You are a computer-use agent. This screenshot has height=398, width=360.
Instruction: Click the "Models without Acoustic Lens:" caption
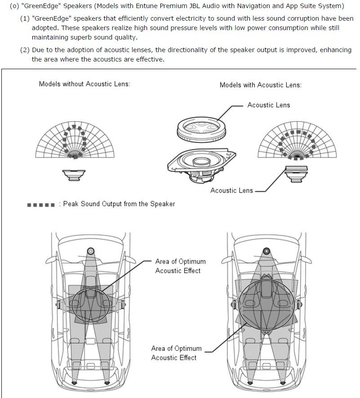(84, 84)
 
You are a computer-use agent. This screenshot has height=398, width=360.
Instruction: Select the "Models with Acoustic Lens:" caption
(261, 85)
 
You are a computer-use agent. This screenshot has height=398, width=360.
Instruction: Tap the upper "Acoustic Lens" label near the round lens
(269, 105)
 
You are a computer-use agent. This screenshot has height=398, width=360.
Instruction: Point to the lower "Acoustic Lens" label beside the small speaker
(231, 190)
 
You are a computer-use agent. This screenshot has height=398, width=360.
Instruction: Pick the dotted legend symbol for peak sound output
(41, 204)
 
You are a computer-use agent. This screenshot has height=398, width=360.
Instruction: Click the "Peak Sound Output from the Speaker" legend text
(119, 204)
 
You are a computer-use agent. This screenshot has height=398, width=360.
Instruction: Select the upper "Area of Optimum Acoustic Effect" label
(180, 266)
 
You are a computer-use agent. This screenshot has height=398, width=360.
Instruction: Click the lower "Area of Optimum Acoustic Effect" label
(176, 353)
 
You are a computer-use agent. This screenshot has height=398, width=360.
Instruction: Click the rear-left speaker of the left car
(74, 383)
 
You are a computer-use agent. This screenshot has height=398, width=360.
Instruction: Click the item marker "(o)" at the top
(14, 6)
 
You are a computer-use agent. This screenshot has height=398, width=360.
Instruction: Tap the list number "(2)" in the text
(25, 50)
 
